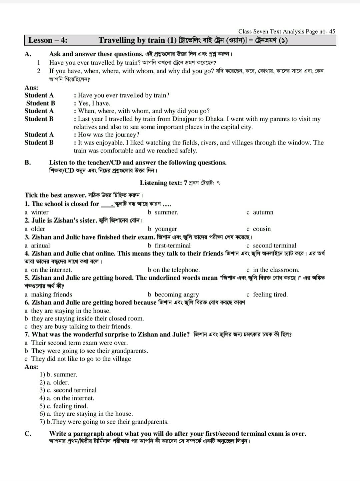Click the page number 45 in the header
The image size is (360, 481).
(332, 32)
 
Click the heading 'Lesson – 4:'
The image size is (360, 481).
(48, 40)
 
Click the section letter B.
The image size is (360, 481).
(28, 163)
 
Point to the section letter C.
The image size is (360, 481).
(28, 434)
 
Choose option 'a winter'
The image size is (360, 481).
(37, 212)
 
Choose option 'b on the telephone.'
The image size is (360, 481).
(174, 270)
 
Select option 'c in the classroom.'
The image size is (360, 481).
(273, 270)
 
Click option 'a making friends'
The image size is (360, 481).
(48, 294)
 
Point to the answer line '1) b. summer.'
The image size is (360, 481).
(58, 374)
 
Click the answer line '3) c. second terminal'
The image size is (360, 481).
(68, 390)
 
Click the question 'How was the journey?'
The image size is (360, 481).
(108, 135)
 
